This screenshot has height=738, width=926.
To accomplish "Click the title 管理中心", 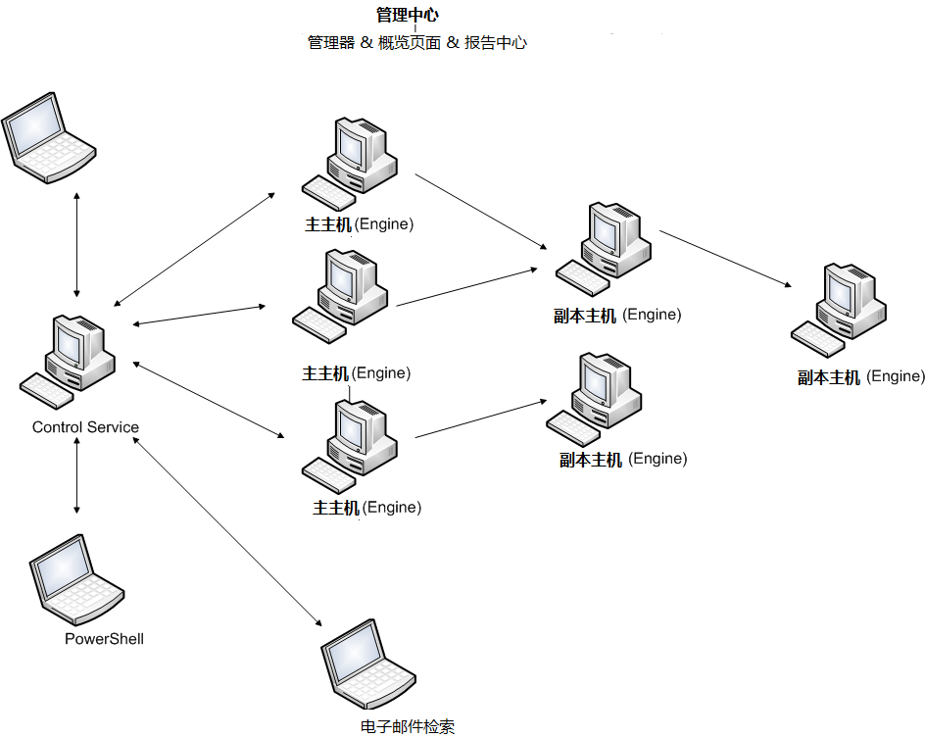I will pos(407,15).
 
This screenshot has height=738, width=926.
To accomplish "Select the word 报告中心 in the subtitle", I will pos(495,43).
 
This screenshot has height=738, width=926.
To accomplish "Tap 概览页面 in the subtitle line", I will pos(410,43).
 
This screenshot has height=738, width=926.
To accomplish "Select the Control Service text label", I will pos(85,427).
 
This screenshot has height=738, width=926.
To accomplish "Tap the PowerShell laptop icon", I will pos(75,580).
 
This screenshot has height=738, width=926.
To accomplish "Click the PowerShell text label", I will pos(104,639).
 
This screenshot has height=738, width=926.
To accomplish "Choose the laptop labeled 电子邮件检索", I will pos(367,664).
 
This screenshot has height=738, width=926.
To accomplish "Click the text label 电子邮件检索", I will pos(408,726).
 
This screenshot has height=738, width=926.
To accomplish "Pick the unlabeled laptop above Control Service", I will pos(47,136).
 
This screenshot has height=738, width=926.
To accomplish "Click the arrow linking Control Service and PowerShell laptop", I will pos(76,477).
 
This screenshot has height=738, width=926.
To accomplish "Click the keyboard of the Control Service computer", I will pos(46,389).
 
